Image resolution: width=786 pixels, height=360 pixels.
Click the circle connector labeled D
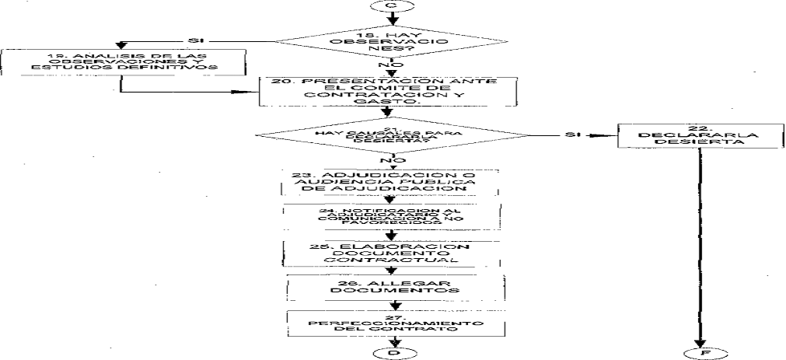[x=391, y=355]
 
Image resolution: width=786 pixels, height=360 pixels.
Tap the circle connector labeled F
[x=700, y=355]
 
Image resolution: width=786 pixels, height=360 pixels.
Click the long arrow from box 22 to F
[x=700, y=249]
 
